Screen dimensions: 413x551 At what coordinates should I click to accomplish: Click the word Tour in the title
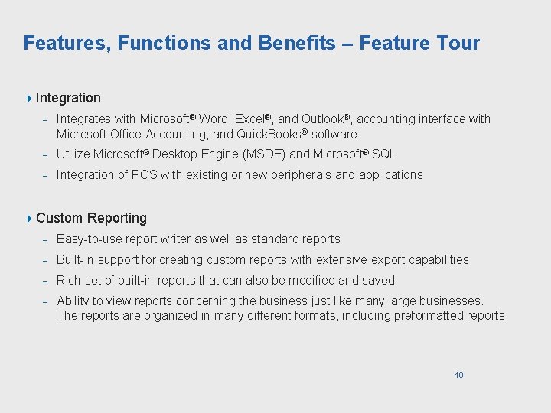pyautogui.click(x=456, y=43)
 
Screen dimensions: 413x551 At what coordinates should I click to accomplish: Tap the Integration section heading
pyautogui.click(x=68, y=98)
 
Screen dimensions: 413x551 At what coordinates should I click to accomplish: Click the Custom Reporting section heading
pyautogui.click(x=91, y=218)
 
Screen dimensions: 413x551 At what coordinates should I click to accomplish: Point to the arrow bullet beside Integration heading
pyautogui.click(x=29, y=98)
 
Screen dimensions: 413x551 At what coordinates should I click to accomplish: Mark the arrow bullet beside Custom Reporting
pyautogui.click(x=29, y=218)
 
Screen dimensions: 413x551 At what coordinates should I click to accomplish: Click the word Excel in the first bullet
pyautogui.click(x=249, y=119)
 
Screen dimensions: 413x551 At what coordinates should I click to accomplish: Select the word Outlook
pyautogui.click(x=321, y=119)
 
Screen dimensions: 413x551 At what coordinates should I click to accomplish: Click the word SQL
pyautogui.click(x=383, y=154)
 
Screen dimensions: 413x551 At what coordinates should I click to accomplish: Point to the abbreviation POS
pyautogui.click(x=144, y=175)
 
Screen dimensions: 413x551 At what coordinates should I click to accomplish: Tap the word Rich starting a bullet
pyautogui.click(x=69, y=281)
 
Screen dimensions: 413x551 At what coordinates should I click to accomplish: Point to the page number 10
pyautogui.click(x=459, y=375)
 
